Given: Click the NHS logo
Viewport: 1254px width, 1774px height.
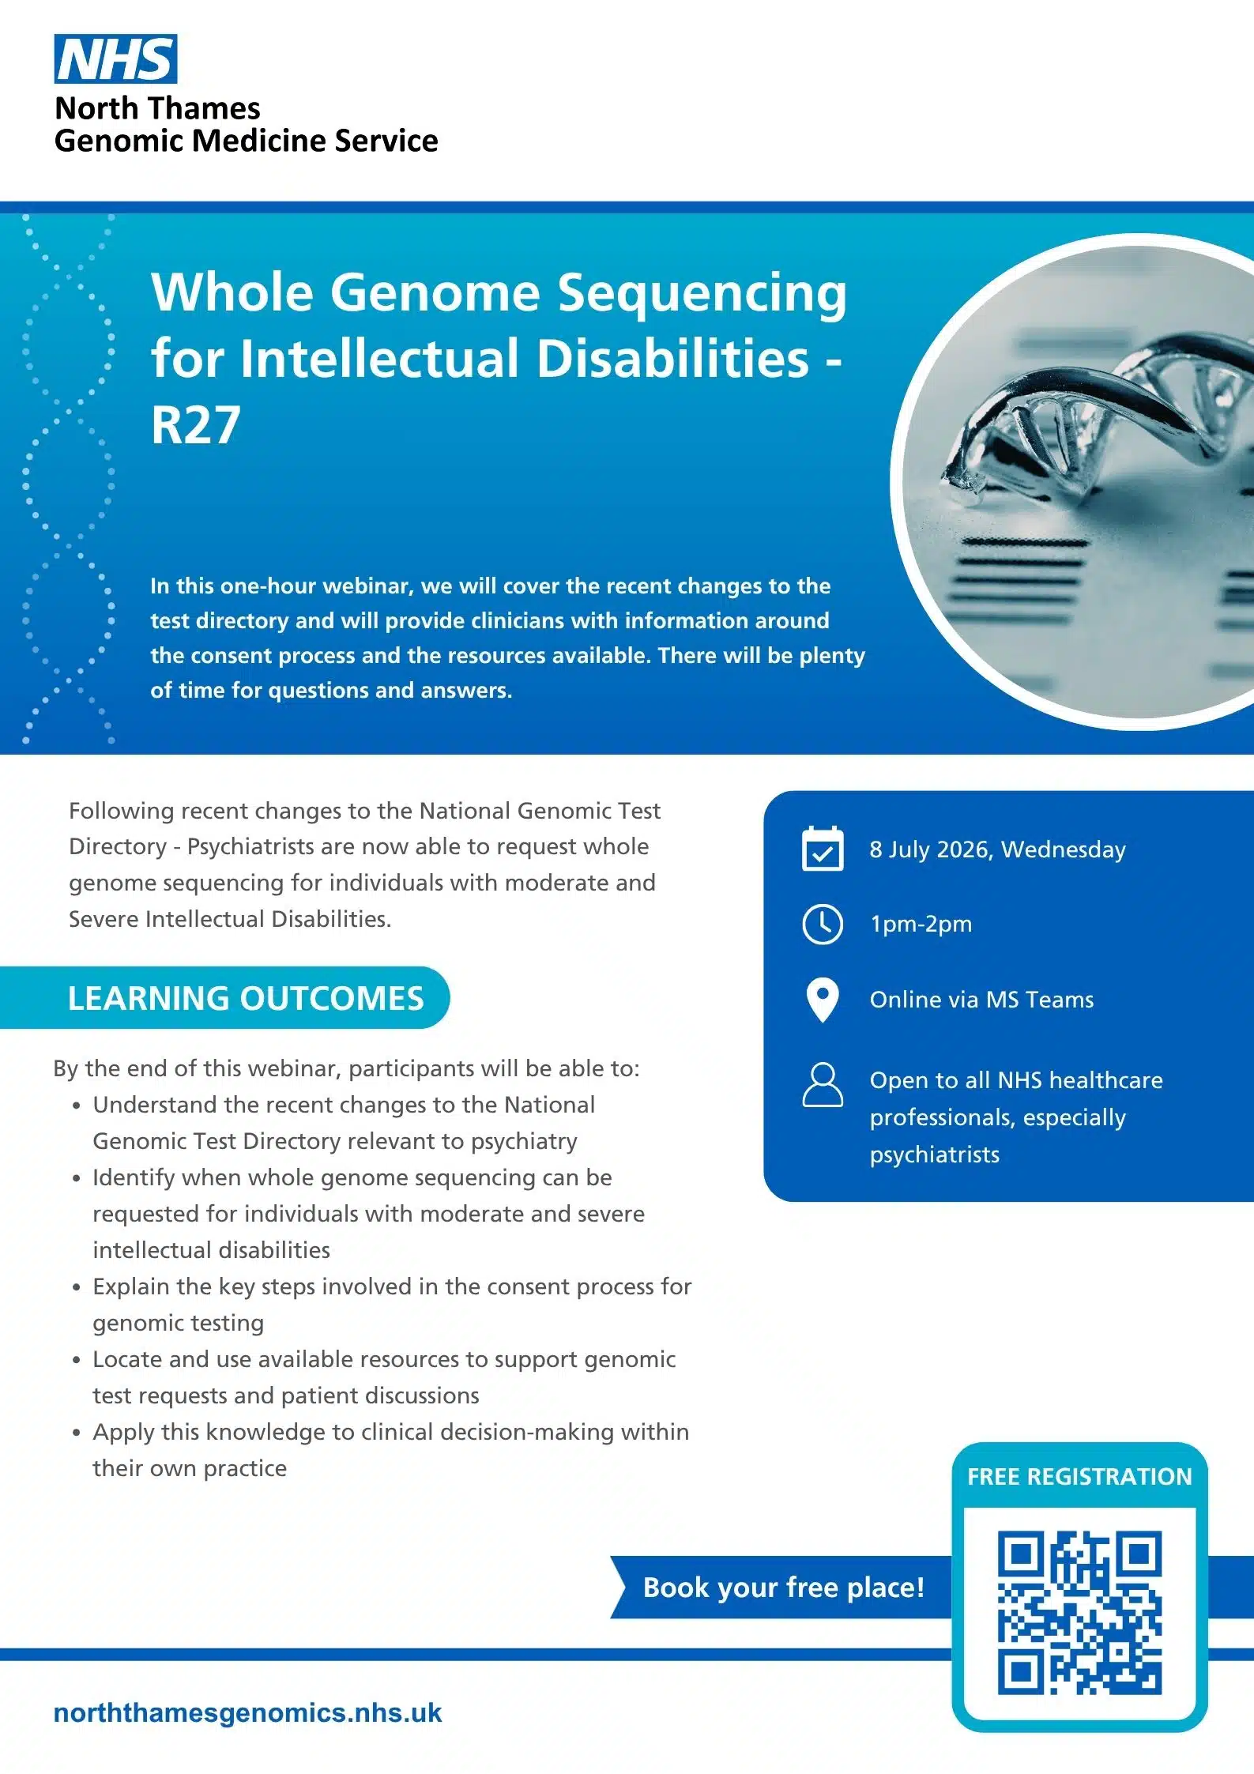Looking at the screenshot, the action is click(115, 59).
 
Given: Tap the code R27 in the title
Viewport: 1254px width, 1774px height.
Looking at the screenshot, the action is click(195, 425).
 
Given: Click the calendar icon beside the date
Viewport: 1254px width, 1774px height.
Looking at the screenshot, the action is click(823, 849).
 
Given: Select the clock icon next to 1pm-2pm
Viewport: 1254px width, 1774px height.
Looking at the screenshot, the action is click(823, 924).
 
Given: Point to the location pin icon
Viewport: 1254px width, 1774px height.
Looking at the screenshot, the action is click(823, 1000).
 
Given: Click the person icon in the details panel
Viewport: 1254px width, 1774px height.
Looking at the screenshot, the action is click(823, 1084).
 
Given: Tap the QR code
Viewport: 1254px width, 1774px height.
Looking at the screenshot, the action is click(1079, 1612).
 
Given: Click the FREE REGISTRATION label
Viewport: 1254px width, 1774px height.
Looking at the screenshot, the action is click(1079, 1476).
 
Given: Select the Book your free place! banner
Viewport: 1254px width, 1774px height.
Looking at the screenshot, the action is click(782, 1588).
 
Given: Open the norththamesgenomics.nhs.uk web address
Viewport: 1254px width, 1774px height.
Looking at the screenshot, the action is click(247, 1712).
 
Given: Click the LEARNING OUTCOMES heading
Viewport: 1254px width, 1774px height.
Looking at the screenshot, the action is click(246, 998).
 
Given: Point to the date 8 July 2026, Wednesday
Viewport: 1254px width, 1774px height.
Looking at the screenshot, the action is click(997, 849).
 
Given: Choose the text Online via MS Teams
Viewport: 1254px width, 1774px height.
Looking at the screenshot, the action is click(981, 1000).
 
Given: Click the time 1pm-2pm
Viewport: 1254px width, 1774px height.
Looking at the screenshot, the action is click(921, 925).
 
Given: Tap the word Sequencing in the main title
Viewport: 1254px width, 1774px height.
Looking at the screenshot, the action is click(702, 293).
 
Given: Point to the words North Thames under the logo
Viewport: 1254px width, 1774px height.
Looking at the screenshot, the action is click(157, 107).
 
